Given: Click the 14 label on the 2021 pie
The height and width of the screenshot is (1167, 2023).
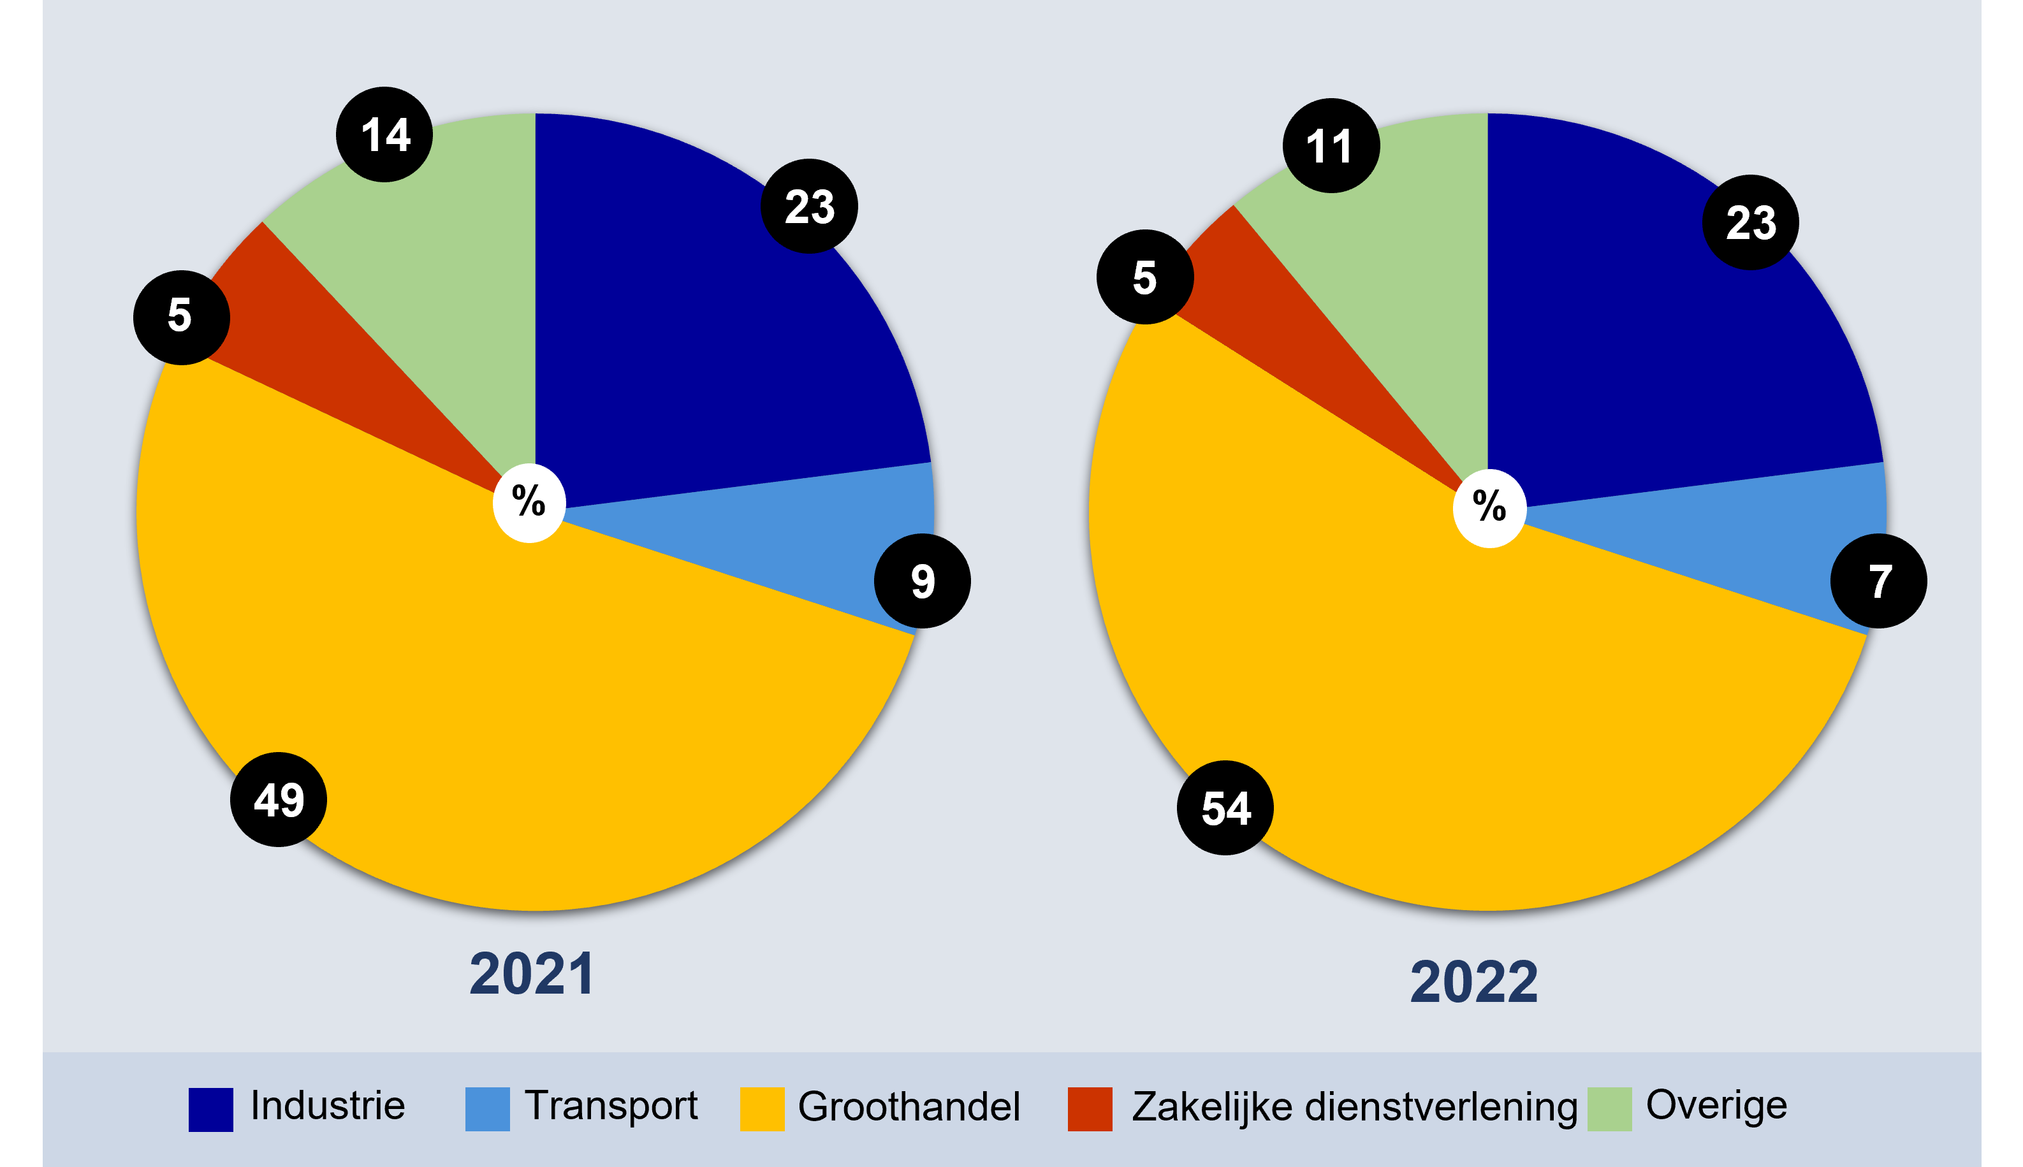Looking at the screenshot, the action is pyautogui.click(x=384, y=134).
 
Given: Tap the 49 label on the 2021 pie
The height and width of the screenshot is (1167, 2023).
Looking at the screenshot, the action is pyautogui.click(x=279, y=799).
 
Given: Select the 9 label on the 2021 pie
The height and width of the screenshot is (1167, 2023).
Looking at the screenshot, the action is pyautogui.click(x=923, y=581).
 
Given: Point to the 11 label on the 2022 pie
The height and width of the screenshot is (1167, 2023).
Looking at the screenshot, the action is pyautogui.click(x=1331, y=146).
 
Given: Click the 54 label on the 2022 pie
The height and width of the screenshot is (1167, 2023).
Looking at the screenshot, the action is pyautogui.click(x=1225, y=808).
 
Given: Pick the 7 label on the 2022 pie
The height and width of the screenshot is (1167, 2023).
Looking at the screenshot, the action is pyautogui.click(x=1880, y=581).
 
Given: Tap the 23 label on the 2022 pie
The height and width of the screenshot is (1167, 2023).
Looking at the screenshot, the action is pyautogui.click(x=1751, y=222).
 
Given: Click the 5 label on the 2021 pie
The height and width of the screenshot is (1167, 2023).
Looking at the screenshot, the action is pyautogui.click(x=182, y=317).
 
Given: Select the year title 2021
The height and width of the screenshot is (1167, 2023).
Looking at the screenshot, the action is pyautogui.click(x=531, y=974).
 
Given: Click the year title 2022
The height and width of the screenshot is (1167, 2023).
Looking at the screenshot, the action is pyautogui.click(x=1474, y=982).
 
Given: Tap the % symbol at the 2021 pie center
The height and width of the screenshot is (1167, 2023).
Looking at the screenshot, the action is pyautogui.click(x=529, y=502).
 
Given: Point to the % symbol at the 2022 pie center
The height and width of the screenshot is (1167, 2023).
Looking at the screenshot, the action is pyautogui.click(x=1489, y=508).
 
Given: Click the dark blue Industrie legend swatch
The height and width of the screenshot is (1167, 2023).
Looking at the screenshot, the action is pyautogui.click(x=211, y=1109).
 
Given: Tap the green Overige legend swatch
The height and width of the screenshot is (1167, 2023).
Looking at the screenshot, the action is pyautogui.click(x=1609, y=1109).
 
